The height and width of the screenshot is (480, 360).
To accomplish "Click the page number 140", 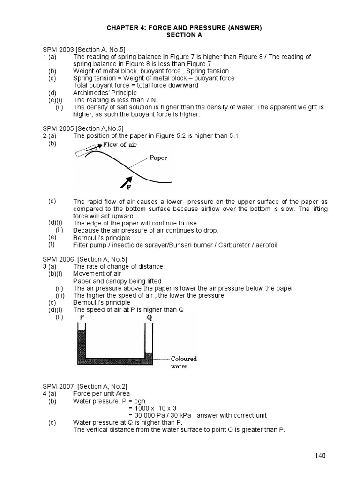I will point(320,455).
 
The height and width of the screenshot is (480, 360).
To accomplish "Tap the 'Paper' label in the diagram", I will point(158,158).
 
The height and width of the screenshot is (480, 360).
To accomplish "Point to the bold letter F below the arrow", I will point(128,187).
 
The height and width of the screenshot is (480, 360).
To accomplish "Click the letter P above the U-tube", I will point(82,317).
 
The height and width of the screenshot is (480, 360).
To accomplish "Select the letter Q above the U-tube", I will point(149,317).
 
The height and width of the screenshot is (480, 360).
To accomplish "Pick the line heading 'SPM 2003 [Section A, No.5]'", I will point(84,50).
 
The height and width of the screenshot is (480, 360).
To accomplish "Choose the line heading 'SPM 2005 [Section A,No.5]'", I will point(83,128).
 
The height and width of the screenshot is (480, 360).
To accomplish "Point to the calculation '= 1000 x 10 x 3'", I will point(152,408).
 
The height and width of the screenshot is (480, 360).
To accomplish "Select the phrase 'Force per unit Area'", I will point(101,394).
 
